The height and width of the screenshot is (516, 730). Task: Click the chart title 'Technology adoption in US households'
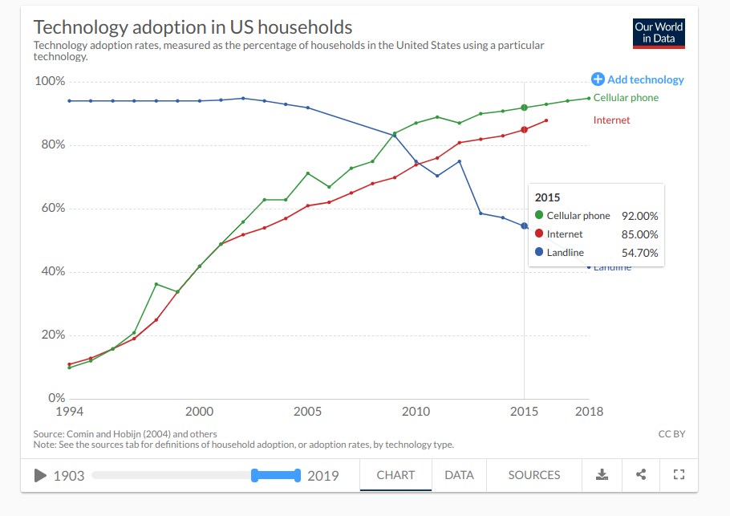pos(193,28)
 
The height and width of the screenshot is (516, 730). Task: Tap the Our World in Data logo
pos(659,33)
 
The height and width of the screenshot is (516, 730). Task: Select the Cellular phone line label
pos(626,98)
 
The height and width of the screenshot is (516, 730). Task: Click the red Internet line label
pos(611,120)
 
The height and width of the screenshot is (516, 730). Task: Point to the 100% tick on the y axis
pos(51,82)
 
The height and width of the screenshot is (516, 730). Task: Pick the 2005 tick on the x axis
pos(308,412)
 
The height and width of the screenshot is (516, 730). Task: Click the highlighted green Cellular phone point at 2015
pos(524,108)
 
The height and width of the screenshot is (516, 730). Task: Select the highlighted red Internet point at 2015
pos(524,130)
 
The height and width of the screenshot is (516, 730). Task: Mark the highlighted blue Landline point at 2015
pos(524,225)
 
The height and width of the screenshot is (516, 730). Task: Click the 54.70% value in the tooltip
pos(640,253)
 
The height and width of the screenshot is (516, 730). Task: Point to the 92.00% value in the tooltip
pos(640,216)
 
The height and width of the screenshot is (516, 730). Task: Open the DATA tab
pos(459,475)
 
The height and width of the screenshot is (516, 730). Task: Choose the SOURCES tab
pos(533,475)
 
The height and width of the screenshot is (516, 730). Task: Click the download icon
pos(602,475)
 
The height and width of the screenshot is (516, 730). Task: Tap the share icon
pos(640,475)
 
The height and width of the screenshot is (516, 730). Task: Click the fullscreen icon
pos(679,475)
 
